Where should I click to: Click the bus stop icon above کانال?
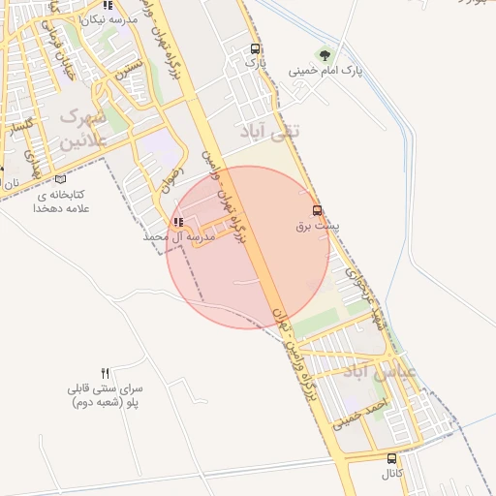tap(391, 459)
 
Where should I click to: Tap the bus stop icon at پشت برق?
tap(317, 210)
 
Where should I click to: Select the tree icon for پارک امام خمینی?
tap(325, 55)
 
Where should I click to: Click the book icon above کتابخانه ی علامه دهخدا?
tap(62, 178)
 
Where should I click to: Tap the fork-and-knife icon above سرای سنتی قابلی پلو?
tap(105, 373)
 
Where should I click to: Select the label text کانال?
tap(391, 475)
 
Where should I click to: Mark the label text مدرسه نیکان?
tap(108, 19)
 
